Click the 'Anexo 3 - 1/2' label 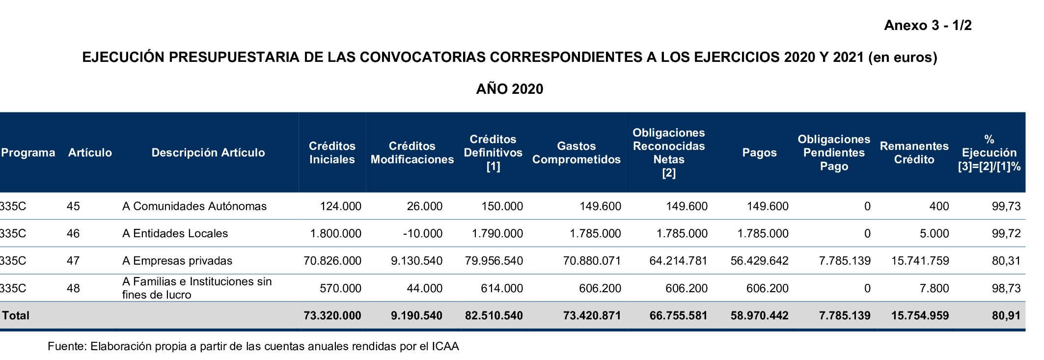pyautogui.click(x=928, y=26)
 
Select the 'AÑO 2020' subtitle pyautogui.click(x=510, y=89)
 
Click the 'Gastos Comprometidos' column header pyautogui.click(x=576, y=153)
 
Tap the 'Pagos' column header pyautogui.click(x=759, y=153)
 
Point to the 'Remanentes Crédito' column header pyautogui.click(x=914, y=153)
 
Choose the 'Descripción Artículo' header pyautogui.click(x=208, y=153)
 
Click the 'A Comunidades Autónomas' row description pyautogui.click(x=194, y=206)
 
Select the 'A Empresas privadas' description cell pyautogui.click(x=177, y=261)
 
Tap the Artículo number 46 pyautogui.click(x=73, y=233)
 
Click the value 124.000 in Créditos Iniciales pyautogui.click(x=340, y=206)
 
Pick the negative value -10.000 pyautogui.click(x=422, y=233)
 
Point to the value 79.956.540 pyautogui.click(x=494, y=261)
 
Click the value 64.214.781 pyautogui.click(x=678, y=261)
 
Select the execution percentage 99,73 pyautogui.click(x=1006, y=206)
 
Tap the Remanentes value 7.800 pyautogui.click(x=934, y=288)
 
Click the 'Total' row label pyautogui.click(x=16, y=315)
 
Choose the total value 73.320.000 pyautogui.click(x=332, y=315)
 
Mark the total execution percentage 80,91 pyautogui.click(x=1006, y=315)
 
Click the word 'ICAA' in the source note pyautogui.click(x=445, y=346)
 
